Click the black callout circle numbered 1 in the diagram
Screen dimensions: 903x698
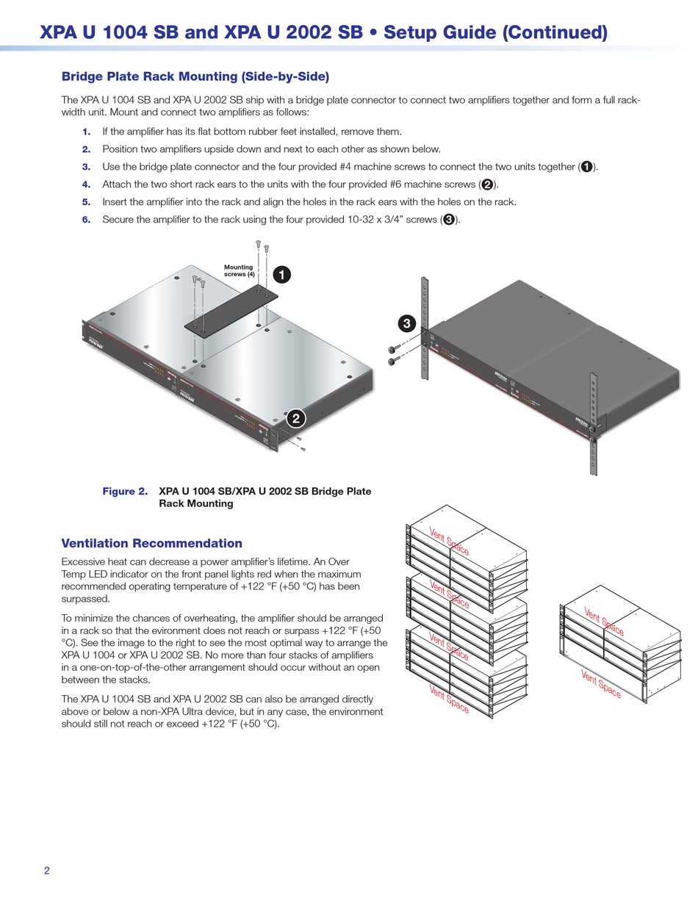[x=281, y=275]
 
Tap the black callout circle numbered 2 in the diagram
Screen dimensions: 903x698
[x=295, y=419]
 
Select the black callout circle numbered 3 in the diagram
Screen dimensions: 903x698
[x=407, y=323]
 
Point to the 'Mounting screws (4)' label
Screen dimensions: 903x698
[x=239, y=270]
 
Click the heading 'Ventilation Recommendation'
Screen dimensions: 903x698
[x=151, y=544]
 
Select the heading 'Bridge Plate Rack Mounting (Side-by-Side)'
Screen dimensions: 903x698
[x=195, y=76]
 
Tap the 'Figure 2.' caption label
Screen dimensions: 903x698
[x=125, y=492]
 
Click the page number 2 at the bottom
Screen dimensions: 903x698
[x=47, y=871]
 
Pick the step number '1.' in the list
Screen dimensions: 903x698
[x=87, y=132]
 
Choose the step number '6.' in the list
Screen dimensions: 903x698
[x=87, y=220]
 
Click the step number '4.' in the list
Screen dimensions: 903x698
[x=87, y=184]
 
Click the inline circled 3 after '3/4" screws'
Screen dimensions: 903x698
[x=449, y=220]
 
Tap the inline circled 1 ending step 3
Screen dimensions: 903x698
[x=586, y=167]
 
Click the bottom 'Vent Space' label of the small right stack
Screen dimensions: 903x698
[x=601, y=684]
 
